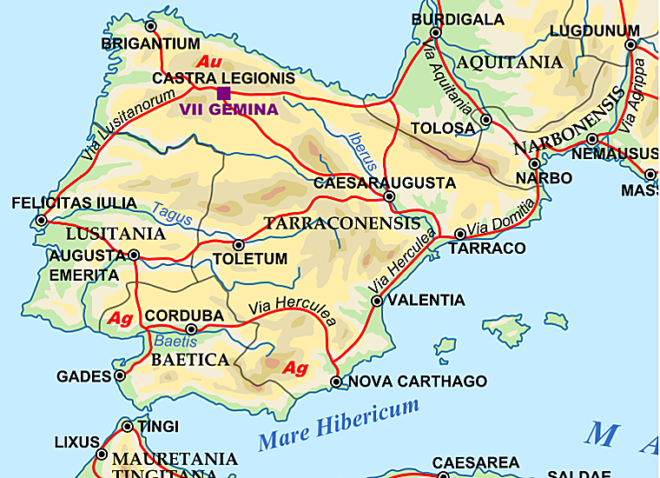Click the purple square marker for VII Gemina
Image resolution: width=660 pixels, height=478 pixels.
tap(223, 93)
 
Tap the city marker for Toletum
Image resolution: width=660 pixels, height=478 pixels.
tap(239, 245)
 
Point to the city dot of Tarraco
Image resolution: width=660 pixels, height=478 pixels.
tap(460, 234)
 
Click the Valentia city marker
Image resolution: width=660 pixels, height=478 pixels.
tap(377, 301)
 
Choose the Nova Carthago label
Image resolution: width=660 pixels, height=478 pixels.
tap(418, 382)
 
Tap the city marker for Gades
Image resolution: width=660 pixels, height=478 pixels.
tap(120, 376)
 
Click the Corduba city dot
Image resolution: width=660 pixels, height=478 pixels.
tap(192, 329)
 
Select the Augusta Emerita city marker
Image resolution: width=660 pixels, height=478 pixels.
tap(134, 255)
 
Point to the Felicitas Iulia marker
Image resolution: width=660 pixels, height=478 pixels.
tap(42, 220)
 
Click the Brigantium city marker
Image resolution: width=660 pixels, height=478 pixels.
tap(151, 27)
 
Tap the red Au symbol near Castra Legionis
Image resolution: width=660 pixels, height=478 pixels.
tap(209, 63)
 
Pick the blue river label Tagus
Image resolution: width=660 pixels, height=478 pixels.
tap(171, 214)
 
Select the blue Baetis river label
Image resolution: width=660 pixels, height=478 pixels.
tap(176, 342)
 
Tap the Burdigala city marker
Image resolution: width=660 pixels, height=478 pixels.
tap(436, 33)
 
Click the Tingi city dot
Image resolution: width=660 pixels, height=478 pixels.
tap(128, 427)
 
